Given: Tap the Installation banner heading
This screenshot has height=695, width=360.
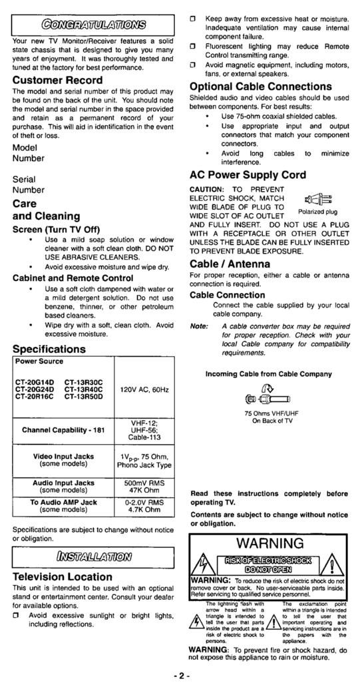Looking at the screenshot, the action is point(94,557).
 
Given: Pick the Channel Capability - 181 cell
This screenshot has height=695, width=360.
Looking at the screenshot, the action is point(64,430).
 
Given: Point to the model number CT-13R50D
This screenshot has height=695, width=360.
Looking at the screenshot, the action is point(84,396).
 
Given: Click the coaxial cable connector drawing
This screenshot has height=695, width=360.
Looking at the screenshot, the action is point(270,398).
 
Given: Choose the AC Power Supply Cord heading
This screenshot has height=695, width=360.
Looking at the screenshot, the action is point(248,175).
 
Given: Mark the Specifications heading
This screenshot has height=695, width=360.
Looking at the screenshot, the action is point(49,349).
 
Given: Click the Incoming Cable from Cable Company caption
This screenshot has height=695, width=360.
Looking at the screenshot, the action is point(268,373).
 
